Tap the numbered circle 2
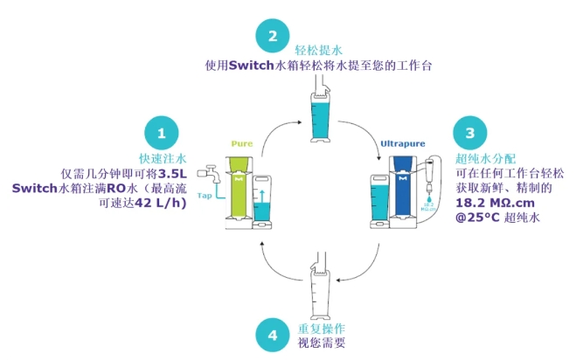tap(273, 37)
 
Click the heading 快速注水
tap(163, 159)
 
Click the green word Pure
tap(241, 142)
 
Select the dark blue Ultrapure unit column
tap(402, 188)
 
